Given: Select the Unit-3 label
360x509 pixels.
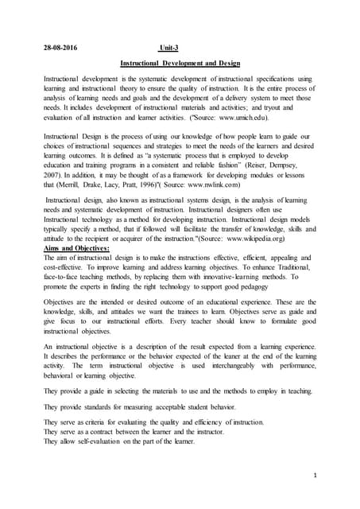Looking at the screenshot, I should [x=168, y=47].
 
